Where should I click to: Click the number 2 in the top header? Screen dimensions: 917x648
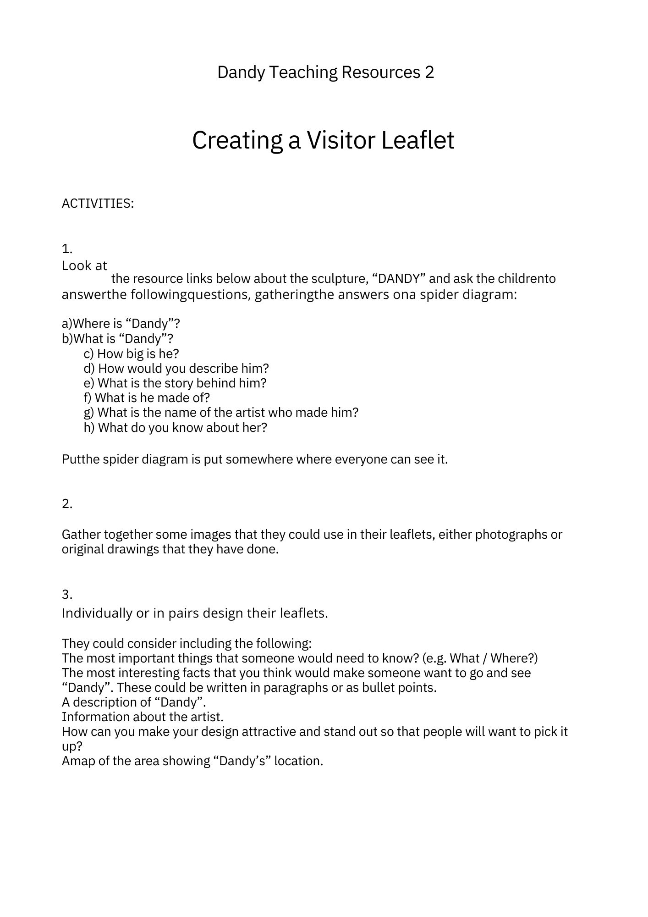click(429, 72)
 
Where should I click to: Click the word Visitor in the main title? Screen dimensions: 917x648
click(341, 140)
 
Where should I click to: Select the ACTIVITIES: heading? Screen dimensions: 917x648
click(98, 203)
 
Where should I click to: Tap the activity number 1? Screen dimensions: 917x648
click(67, 249)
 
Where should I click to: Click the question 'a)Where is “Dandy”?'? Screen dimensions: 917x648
click(121, 324)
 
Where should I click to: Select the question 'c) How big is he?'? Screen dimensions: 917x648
click(131, 354)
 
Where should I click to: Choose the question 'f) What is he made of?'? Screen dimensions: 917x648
click(147, 398)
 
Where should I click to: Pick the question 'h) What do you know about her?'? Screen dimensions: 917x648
click(175, 427)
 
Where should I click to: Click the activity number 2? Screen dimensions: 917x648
click(67, 503)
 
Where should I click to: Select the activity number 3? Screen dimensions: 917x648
click(67, 594)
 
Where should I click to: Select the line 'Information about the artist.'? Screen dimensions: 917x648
click(143, 717)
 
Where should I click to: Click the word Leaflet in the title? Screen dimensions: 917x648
click(417, 140)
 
